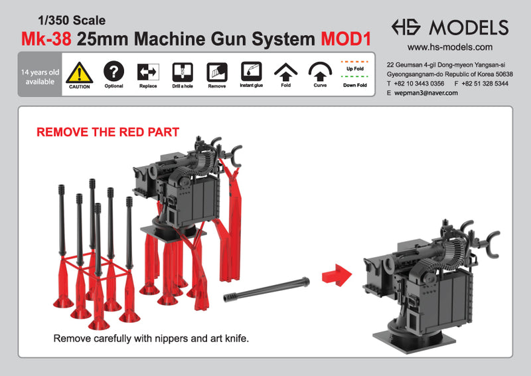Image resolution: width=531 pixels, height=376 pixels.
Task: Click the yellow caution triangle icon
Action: [80, 72]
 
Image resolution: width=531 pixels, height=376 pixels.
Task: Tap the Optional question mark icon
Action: [114, 71]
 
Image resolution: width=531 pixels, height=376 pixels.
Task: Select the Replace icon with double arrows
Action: [148, 72]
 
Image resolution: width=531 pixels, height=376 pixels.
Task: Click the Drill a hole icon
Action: [182, 72]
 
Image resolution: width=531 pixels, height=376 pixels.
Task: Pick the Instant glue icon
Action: [251, 71]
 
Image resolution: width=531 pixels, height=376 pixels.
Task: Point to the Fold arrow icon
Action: [285, 72]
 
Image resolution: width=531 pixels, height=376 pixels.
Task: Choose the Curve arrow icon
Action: [320, 72]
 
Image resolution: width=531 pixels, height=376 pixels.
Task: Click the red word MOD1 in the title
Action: [344, 39]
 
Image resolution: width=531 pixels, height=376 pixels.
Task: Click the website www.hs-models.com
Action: [449, 47]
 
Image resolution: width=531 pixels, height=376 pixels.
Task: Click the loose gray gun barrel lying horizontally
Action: [269, 290]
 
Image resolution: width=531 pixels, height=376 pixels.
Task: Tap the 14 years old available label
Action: [40, 76]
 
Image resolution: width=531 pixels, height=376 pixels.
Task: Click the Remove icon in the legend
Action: [216, 72]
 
